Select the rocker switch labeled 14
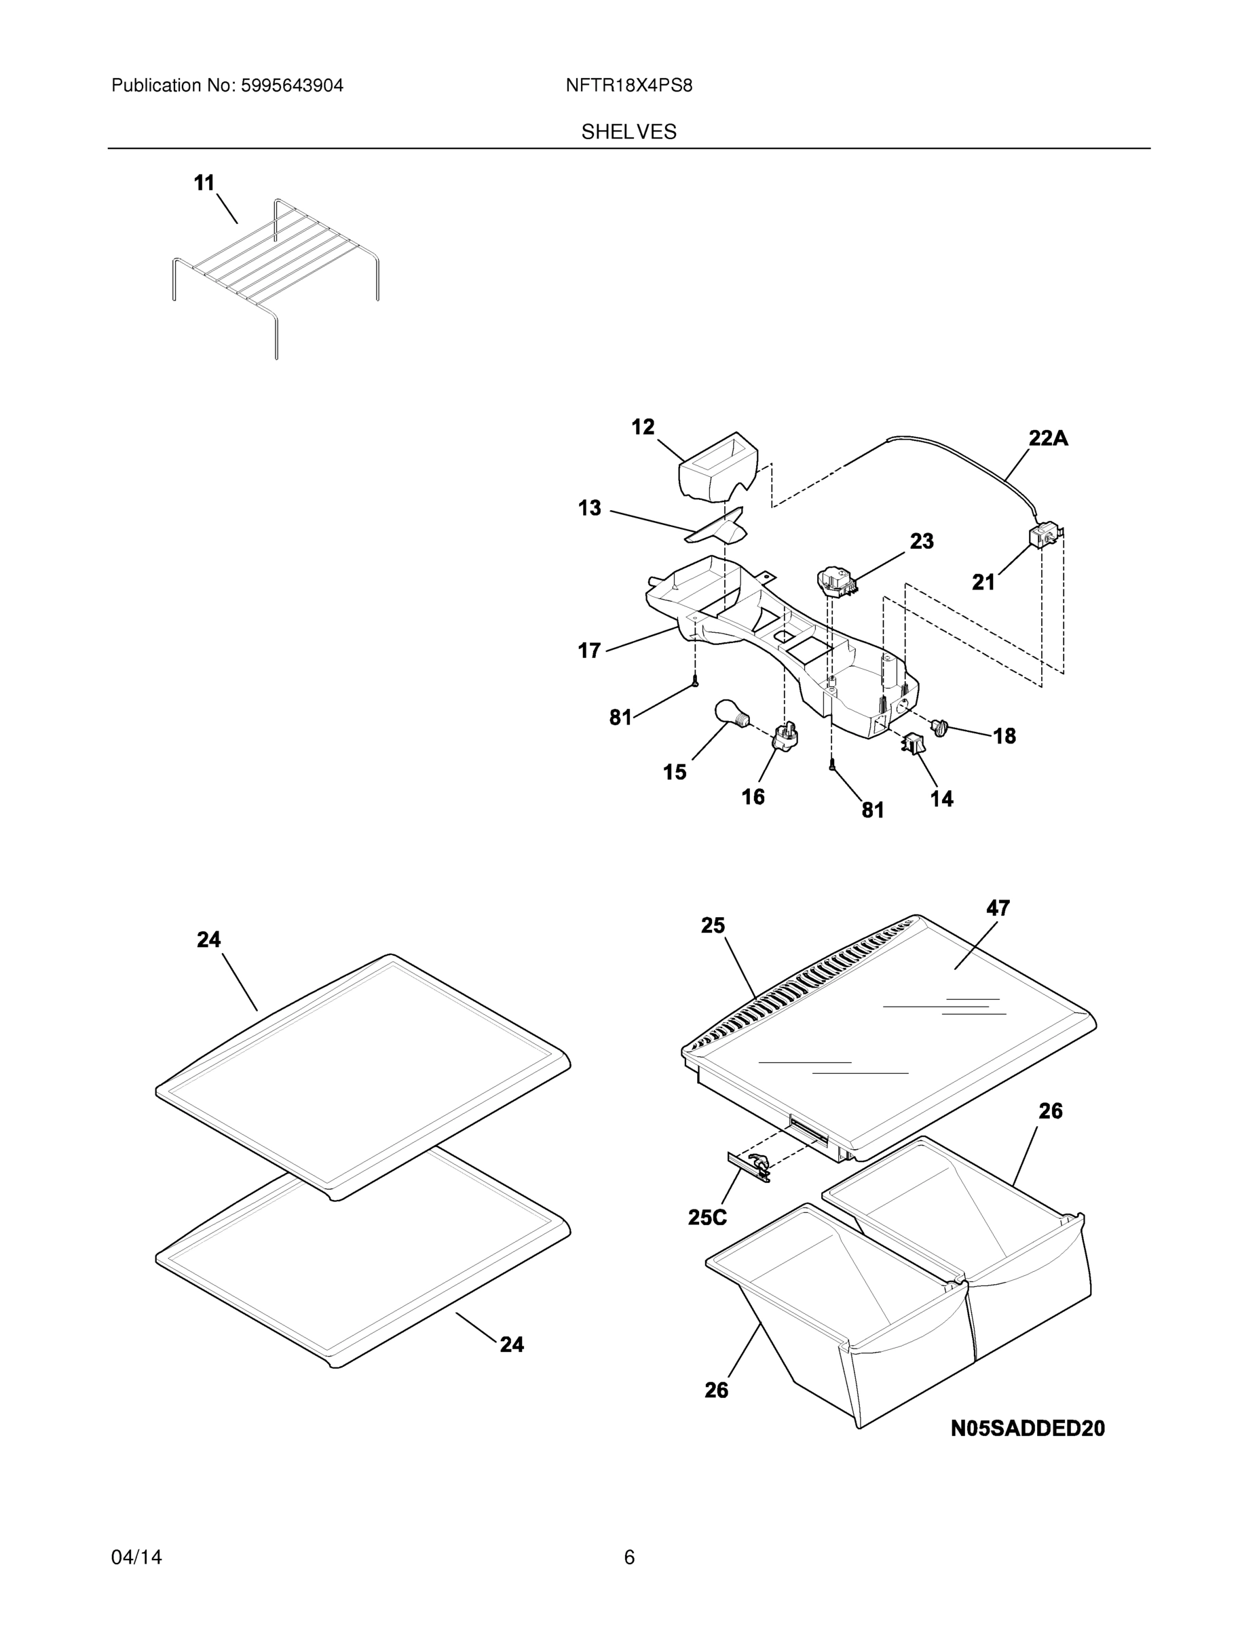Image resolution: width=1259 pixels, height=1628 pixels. pyautogui.click(x=913, y=744)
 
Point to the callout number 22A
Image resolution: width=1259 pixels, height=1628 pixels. pyautogui.click(x=1048, y=438)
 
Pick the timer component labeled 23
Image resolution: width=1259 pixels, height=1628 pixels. pyautogui.click(x=836, y=581)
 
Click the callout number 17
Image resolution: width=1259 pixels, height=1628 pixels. pyautogui.click(x=589, y=651)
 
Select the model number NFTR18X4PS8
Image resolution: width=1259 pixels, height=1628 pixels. pyautogui.click(x=628, y=85)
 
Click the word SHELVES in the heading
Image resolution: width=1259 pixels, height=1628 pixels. pyautogui.click(x=628, y=132)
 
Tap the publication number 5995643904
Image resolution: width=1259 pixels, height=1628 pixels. pyautogui.click(x=293, y=85)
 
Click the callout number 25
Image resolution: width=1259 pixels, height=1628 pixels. pyautogui.click(x=712, y=925)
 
